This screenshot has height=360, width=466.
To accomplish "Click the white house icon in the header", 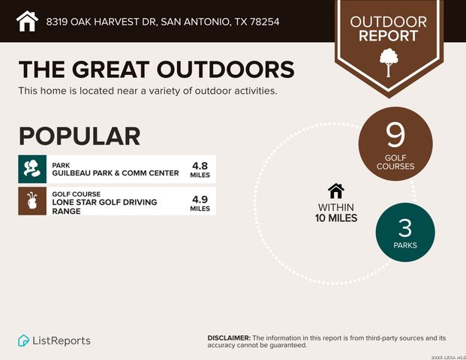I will tap(27, 21).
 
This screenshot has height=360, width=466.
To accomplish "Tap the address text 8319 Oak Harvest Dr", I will tap(162, 22).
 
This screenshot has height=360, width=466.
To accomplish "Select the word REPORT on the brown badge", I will tap(388, 35).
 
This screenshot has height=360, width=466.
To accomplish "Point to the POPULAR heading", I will tap(80, 136).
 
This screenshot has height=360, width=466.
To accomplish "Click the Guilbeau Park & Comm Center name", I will tap(116, 173).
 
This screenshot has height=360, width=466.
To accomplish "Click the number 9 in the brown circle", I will tap(395, 135).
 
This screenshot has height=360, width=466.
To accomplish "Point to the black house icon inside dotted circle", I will tap(336, 191).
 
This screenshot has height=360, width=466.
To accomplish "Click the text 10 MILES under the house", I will tap(336, 218).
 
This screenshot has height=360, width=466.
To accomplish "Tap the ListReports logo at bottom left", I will tap(54, 340).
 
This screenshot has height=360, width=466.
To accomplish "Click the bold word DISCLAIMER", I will tap(229, 337).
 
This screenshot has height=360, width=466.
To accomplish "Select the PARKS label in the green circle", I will tap(404, 244).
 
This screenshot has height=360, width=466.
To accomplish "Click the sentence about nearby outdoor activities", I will tap(148, 91).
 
